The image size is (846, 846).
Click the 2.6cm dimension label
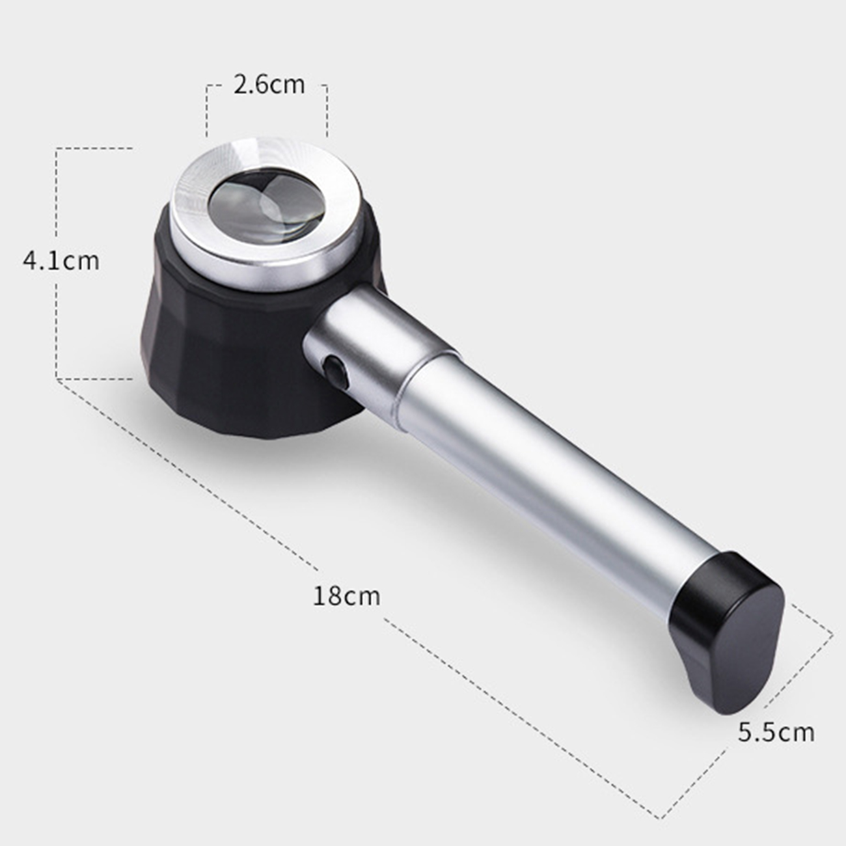pos(269,85)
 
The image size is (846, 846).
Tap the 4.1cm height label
pos(61,261)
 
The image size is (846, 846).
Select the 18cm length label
pos(346,596)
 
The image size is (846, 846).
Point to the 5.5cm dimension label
pos(776,733)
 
